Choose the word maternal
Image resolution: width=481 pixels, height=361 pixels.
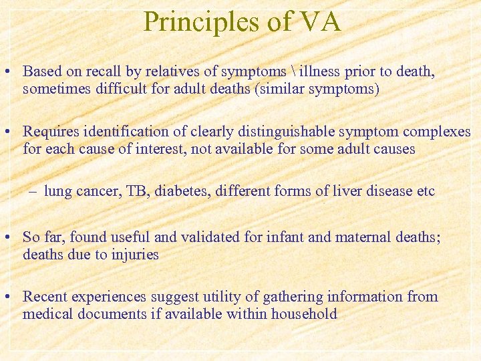(x=345, y=237)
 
